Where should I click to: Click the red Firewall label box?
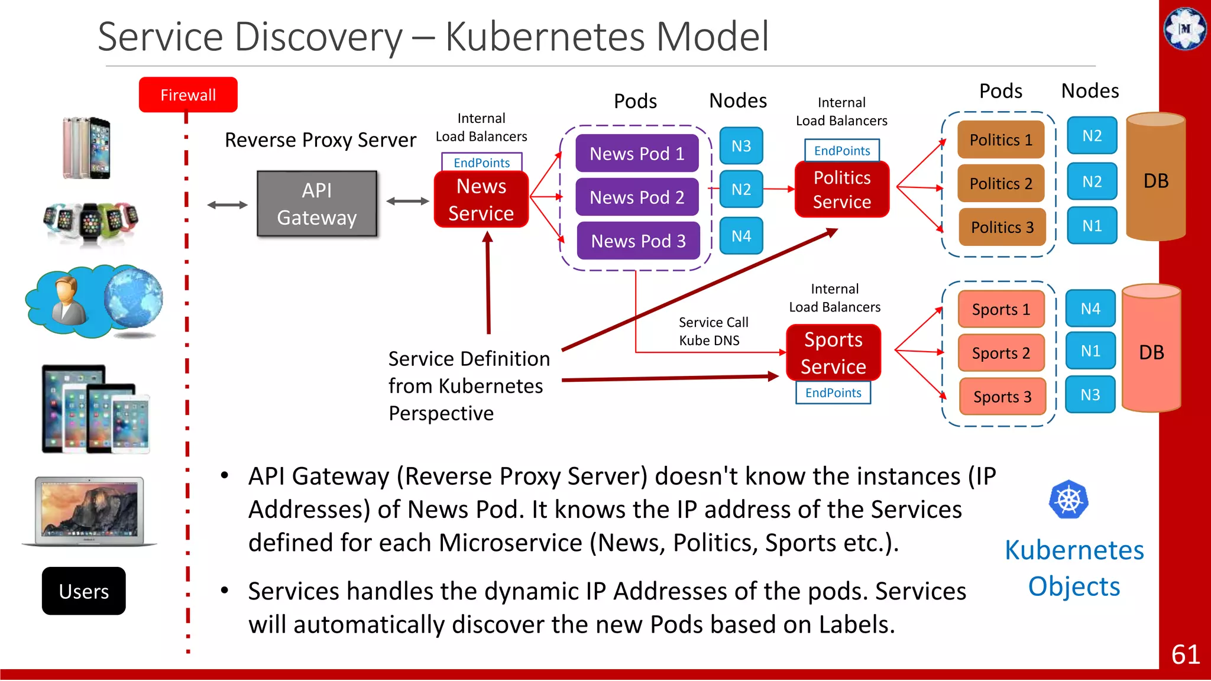coord(188,95)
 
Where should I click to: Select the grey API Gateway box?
coord(317,204)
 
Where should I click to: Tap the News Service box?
coord(481,200)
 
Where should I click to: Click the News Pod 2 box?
coord(637,197)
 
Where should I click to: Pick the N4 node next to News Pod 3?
coord(741,236)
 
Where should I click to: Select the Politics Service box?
coord(842,190)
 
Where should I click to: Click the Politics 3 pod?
coord(1002,227)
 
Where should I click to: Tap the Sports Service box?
coord(833,353)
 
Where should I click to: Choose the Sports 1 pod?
coord(1000,309)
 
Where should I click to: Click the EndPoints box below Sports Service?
coord(833,393)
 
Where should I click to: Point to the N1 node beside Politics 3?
coord(1092,226)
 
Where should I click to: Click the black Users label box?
coord(84,591)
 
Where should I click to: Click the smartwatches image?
coord(90,222)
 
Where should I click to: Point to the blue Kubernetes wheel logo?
coord(1068,500)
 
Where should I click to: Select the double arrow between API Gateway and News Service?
coord(407,202)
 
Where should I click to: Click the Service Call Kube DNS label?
coord(712,331)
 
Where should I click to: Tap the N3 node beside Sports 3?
coord(1090,395)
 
